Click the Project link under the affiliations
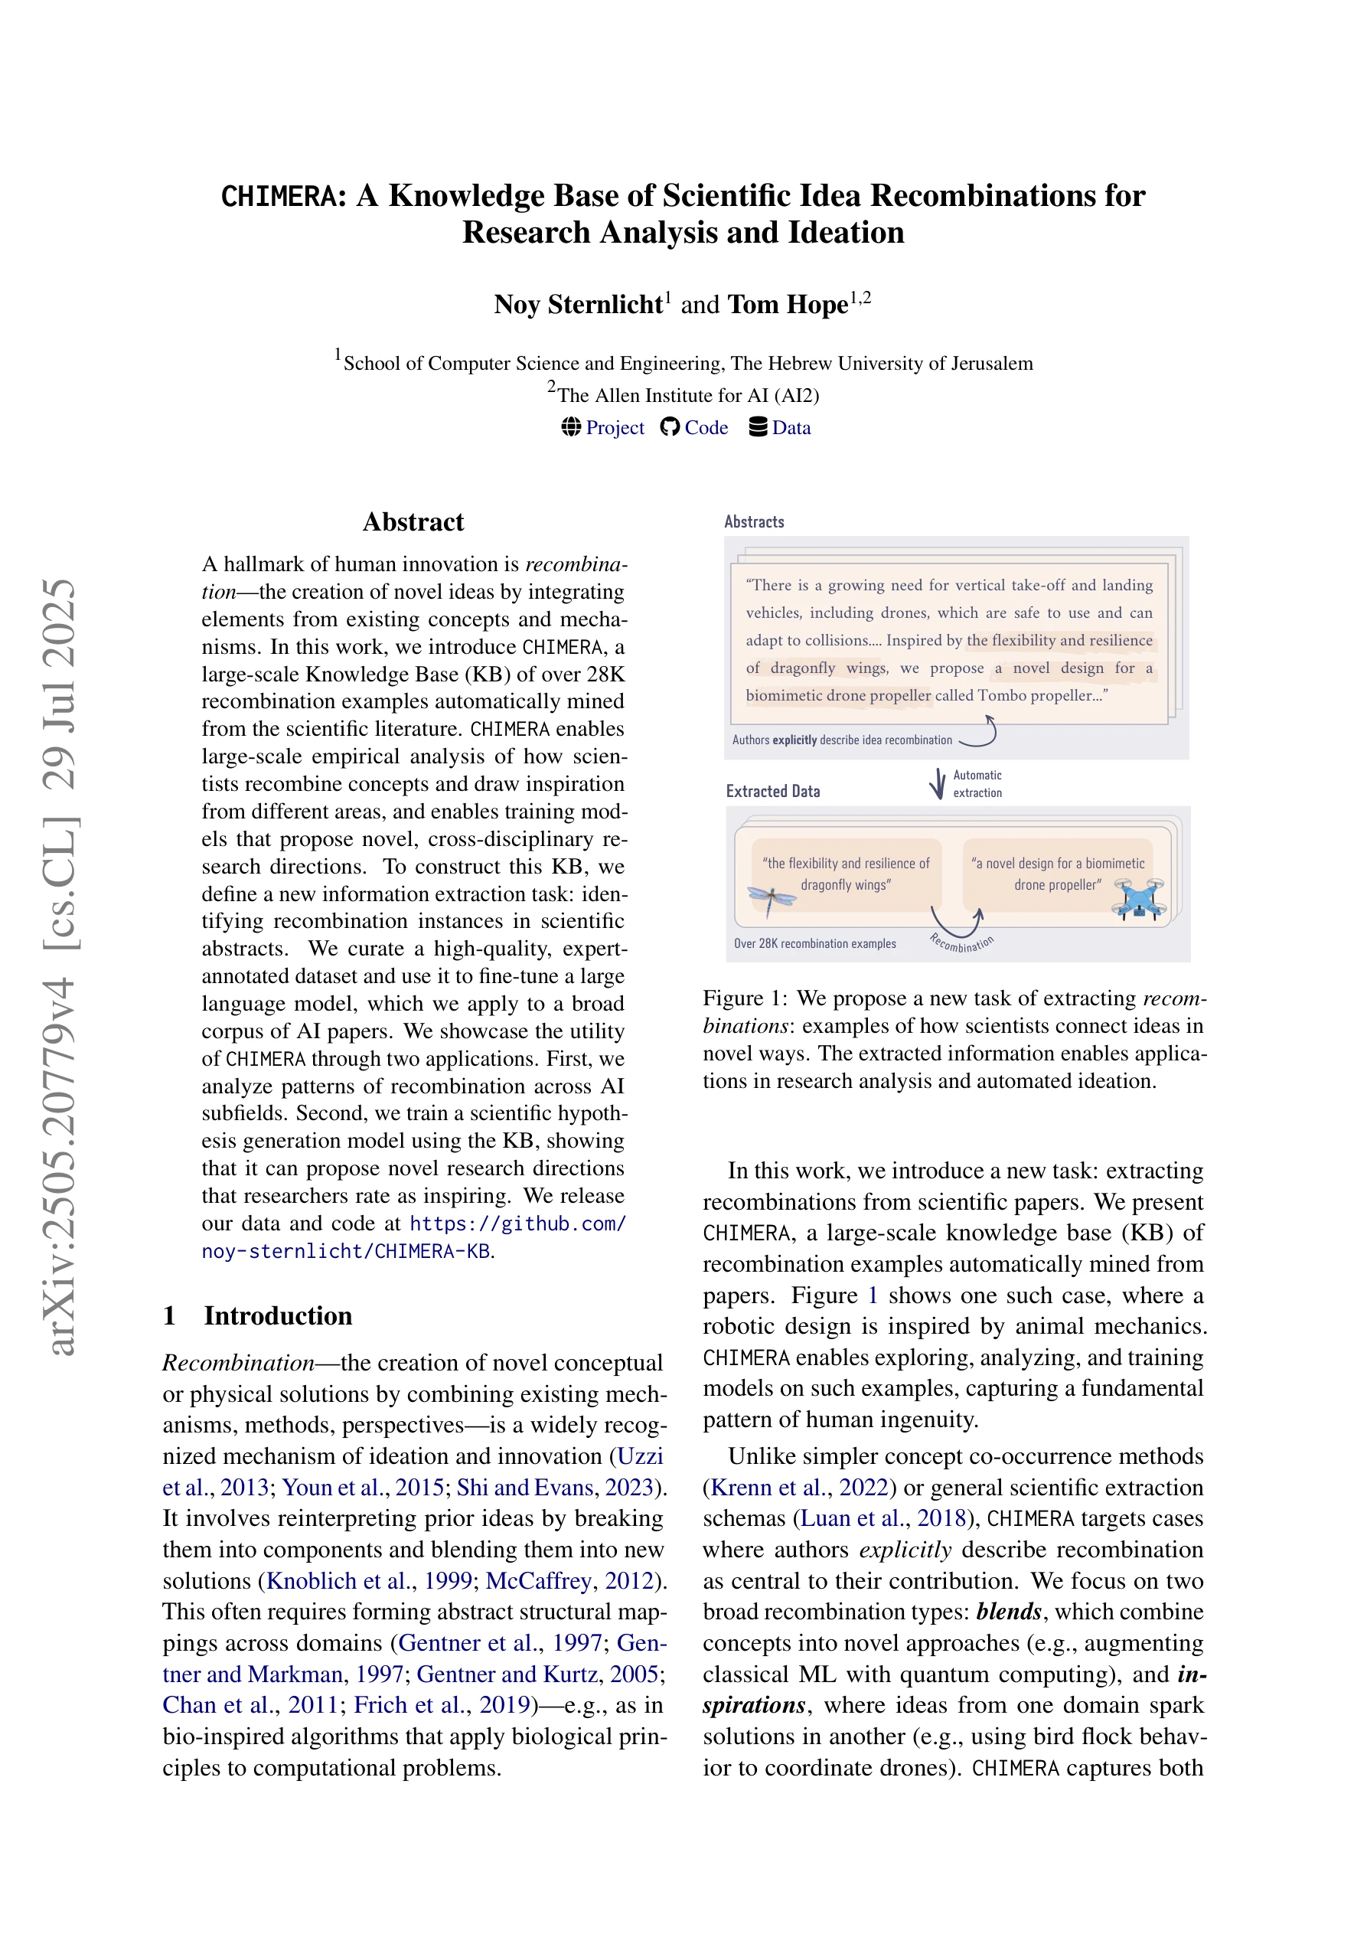(614, 428)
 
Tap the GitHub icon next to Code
(670, 427)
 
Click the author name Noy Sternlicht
(579, 304)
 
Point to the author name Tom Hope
(787, 304)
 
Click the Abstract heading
(413, 522)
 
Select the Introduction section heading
(277, 1315)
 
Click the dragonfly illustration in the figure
(771, 899)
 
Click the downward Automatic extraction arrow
(937, 783)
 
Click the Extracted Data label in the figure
(772, 792)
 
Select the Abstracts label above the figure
(754, 522)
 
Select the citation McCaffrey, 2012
(569, 1581)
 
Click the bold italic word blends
(1009, 1612)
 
